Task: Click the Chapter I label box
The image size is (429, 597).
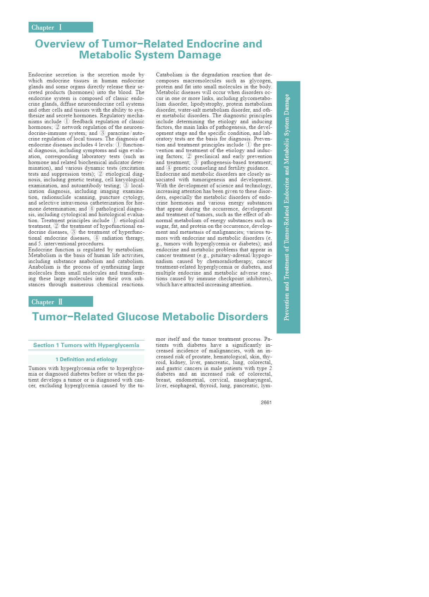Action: (61, 27)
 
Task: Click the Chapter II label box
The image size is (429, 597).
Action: (61, 302)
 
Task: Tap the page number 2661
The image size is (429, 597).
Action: (266, 402)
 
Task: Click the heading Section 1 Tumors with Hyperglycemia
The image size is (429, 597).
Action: (86, 345)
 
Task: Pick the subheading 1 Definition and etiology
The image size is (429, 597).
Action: (86, 359)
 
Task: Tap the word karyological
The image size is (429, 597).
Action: (130, 180)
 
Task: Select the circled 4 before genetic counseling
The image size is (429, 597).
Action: (169, 168)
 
